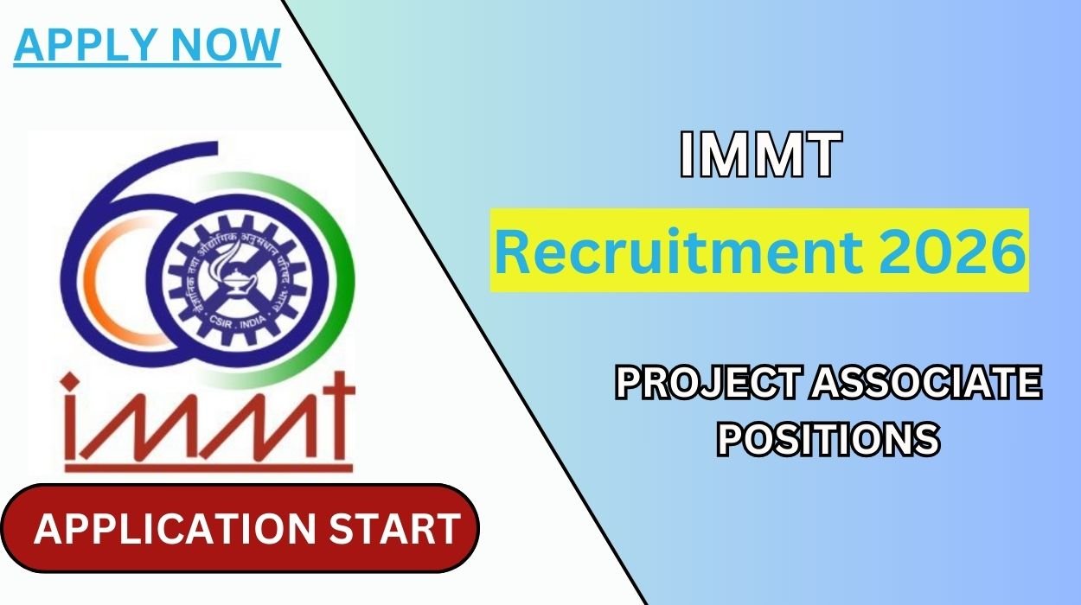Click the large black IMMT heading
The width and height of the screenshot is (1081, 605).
coord(760,156)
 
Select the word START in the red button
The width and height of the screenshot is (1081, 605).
coord(398,529)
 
